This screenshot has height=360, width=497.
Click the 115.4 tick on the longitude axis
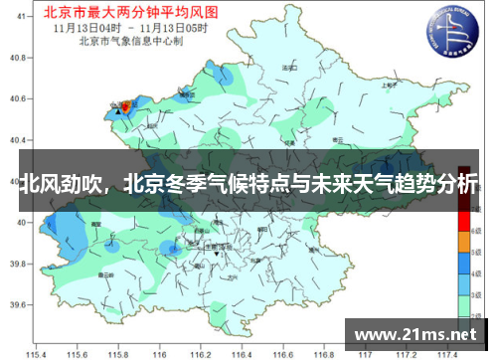pos(38,353)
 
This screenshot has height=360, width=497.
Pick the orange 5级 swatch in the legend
pos(463,242)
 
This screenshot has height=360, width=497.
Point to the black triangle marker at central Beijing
pos(217,256)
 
